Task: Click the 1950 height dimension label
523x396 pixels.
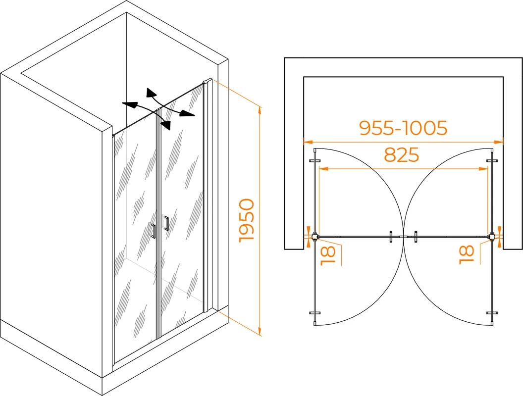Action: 247,220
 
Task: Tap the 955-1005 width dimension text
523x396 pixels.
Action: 403,128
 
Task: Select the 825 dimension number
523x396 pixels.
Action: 401,155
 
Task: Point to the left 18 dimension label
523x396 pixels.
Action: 328,255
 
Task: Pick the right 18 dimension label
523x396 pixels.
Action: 467,254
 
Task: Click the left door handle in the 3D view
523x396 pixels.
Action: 154,231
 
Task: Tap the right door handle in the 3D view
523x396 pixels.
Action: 166,223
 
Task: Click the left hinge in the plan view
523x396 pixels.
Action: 314,237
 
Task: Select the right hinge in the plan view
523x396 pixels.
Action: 492,237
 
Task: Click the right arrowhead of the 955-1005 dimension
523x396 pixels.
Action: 499,143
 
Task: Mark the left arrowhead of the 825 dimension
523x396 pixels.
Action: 323,169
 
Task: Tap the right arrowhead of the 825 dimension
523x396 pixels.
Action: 483,169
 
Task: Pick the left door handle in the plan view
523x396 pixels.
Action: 391,237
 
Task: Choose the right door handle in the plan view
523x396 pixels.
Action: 416,237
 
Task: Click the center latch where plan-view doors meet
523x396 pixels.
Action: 404,237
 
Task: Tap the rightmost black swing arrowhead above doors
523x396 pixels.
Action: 187,113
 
